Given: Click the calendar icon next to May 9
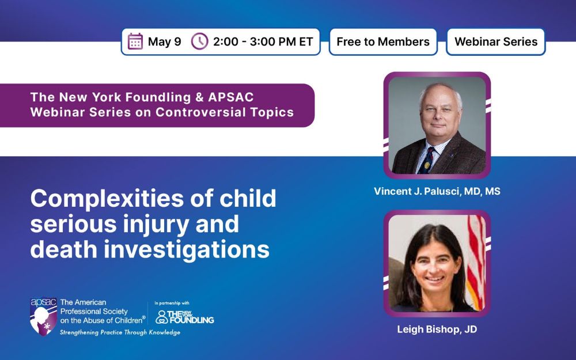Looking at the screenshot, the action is [x=135, y=41].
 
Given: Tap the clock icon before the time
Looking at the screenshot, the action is [x=199, y=41].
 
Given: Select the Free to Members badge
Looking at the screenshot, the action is [x=383, y=42].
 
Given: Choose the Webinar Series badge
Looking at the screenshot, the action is [x=496, y=42].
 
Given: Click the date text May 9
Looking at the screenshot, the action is [x=165, y=41].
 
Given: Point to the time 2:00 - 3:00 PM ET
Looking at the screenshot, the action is [x=263, y=41].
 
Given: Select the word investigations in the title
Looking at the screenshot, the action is [x=187, y=250].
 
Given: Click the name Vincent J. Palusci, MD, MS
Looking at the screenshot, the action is [x=437, y=191].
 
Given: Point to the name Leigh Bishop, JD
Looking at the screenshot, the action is [x=437, y=329].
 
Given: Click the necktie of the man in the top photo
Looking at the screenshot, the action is [x=426, y=160].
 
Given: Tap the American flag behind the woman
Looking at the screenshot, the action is [x=476, y=262].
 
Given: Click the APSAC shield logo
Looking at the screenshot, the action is [x=43, y=316].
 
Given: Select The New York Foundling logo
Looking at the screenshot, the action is [x=184, y=317].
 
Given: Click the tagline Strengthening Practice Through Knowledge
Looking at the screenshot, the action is [x=120, y=332].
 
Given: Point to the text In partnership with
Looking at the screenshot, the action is [x=172, y=303].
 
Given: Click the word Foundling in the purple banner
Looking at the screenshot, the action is [x=158, y=97].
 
